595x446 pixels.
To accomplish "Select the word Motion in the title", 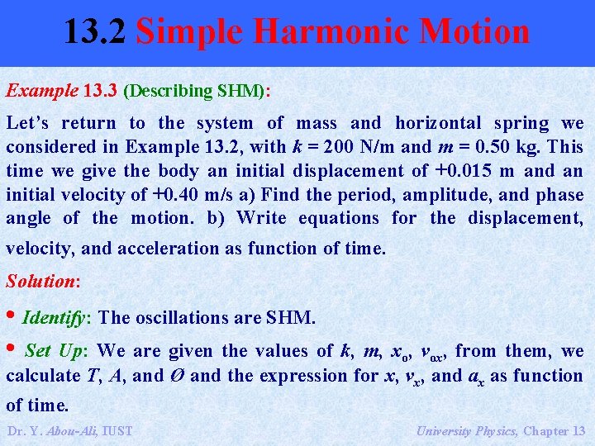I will [474, 32].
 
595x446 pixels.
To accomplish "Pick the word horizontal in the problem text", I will [438, 123].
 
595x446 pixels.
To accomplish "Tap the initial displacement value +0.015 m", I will [474, 171].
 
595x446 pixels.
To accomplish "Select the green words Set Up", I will [54, 351].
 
